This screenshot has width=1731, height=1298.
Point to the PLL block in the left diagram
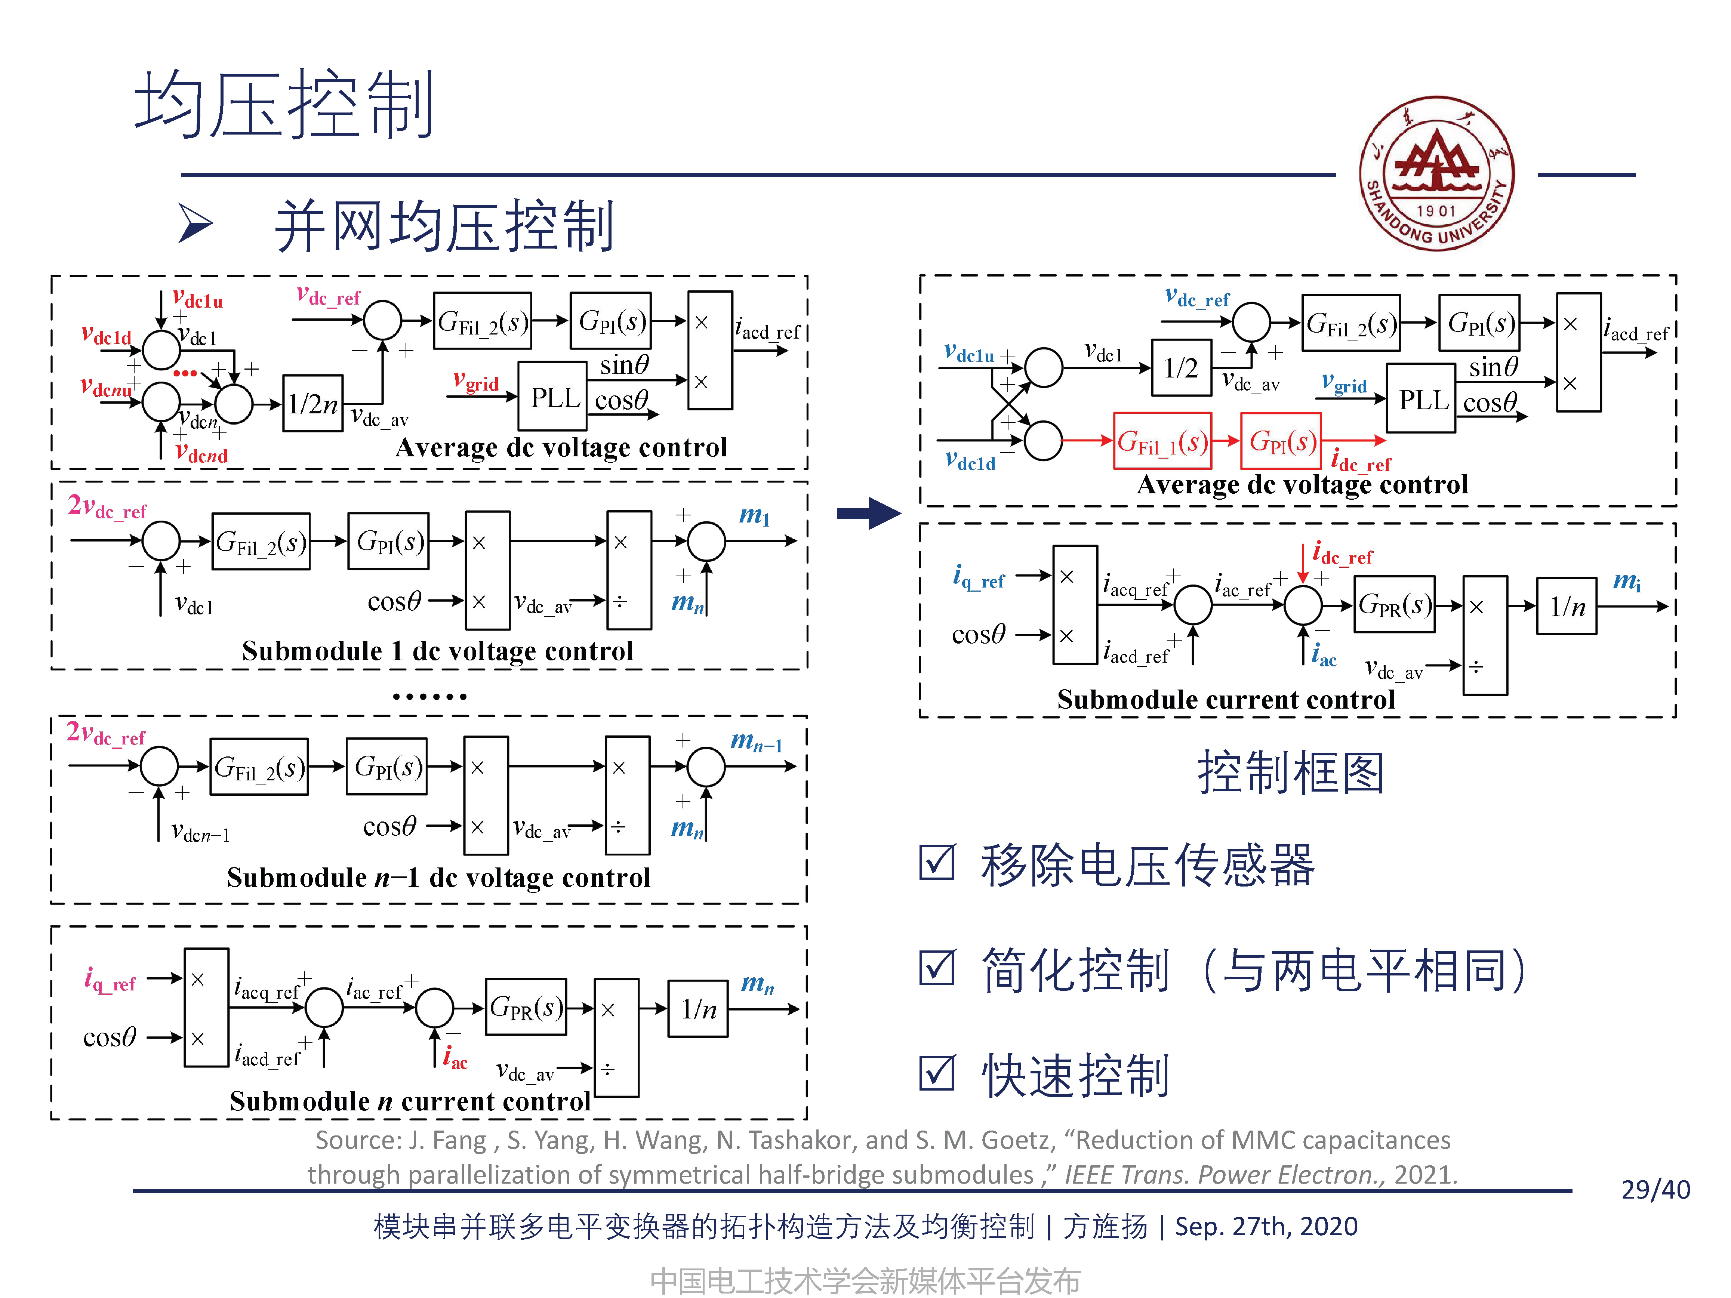[x=553, y=397]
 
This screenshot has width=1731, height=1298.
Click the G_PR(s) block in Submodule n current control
[x=525, y=1007]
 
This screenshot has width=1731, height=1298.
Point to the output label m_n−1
[x=755, y=740]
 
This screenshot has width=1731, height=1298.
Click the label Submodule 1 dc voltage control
[x=437, y=651]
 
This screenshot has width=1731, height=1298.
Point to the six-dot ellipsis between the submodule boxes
[x=429, y=696]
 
